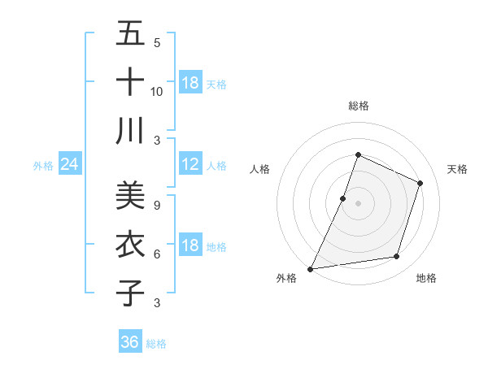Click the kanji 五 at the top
click(130, 34)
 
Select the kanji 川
click(130, 131)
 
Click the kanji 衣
click(130, 244)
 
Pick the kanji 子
click(130, 293)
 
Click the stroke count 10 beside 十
click(157, 91)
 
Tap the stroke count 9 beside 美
click(157, 205)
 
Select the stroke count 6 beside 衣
click(157, 254)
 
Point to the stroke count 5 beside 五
click(157, 42)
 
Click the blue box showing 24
click(70, 165)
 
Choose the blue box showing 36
click(130, 342)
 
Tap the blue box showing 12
click(190, 165)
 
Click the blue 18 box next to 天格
click(190, 83)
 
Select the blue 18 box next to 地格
click(190, 246)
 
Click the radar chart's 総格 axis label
click(358, 106)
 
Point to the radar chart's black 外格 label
click(286, 278)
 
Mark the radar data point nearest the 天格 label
click(420, 183)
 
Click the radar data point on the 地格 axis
click(397, 257)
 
